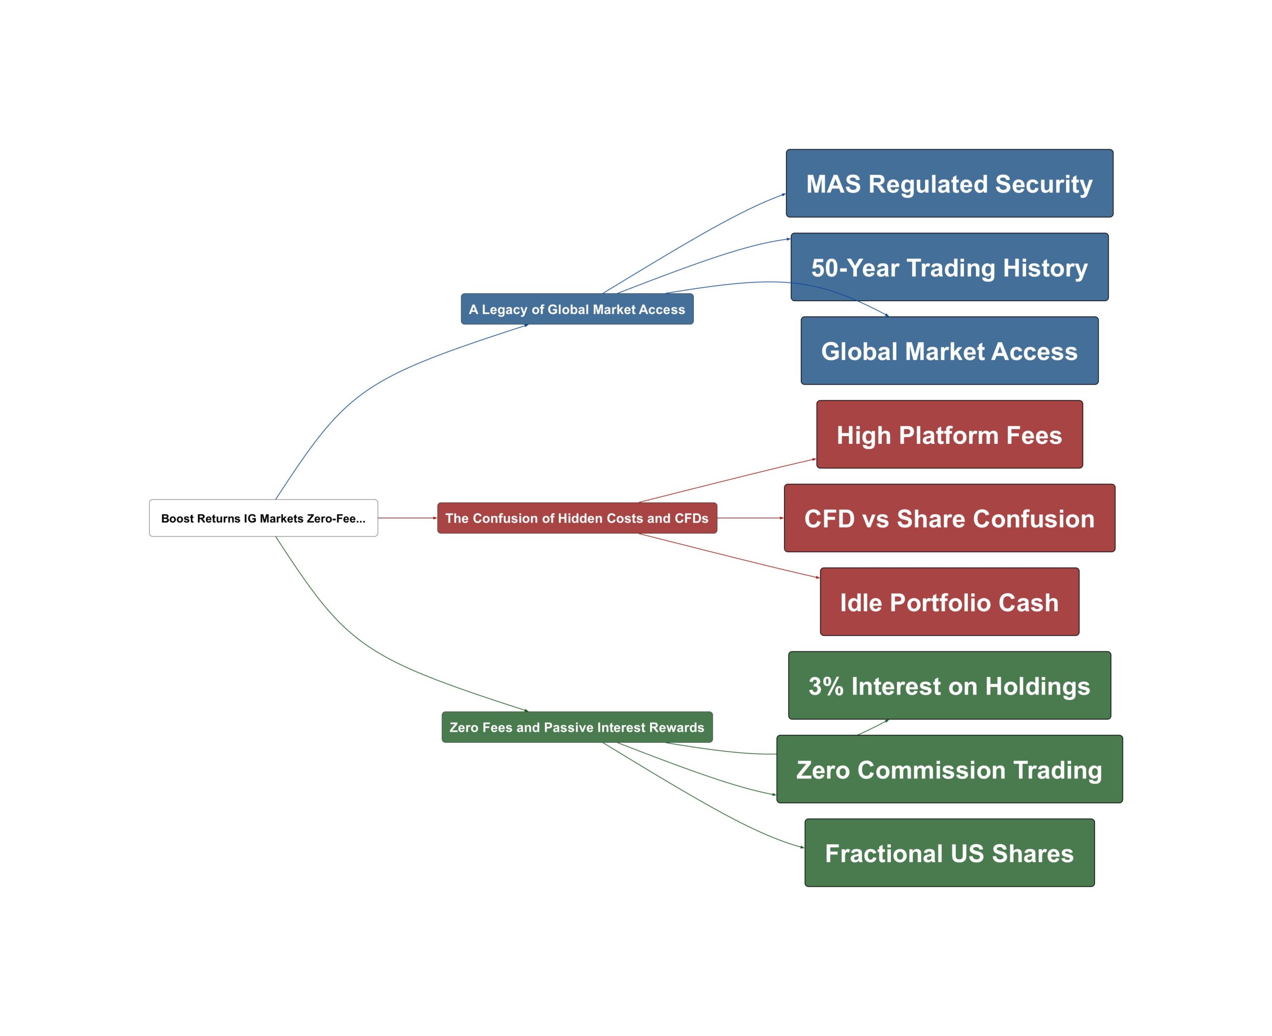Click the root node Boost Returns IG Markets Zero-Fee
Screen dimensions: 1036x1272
pos(263,518)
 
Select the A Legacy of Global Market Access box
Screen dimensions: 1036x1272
pos(577,309)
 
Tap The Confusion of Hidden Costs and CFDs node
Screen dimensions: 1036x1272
pos(577,518)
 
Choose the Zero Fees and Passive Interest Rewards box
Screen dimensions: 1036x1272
pos(577,727)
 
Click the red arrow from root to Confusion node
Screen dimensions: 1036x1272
pos(407,518)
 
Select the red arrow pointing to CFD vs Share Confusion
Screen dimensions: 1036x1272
pos(750,518)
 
